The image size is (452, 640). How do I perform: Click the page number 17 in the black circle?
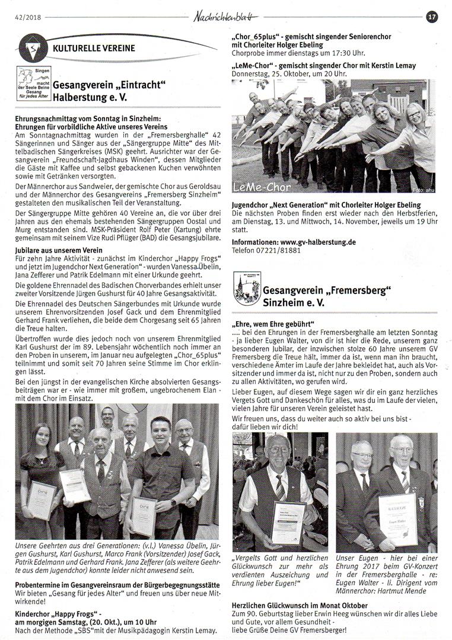pos(432,17)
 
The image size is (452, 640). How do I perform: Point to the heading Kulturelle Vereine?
pos(94,49)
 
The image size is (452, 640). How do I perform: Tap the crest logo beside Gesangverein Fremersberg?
pos(247,288)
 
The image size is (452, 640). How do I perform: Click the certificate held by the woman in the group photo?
pos(42,499)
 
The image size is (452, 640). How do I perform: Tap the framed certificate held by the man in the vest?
pos(288,521)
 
